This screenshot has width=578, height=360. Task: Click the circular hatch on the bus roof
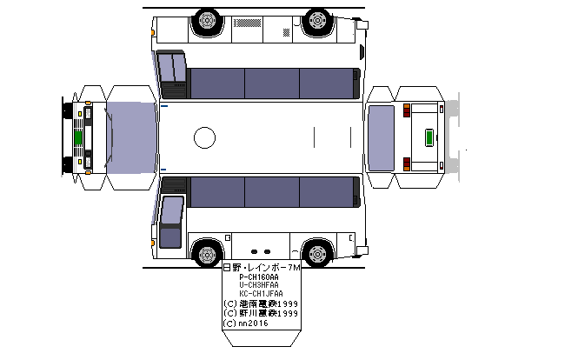tap(204, 137)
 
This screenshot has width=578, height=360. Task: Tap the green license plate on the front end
tap(77, 137)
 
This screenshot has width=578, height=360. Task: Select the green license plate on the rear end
tap(429, 137)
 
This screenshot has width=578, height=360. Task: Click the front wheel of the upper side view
tap(208, 20)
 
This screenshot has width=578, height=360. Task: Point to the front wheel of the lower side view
tap(207, 254)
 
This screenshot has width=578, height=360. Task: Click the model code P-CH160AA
tap(259, 277)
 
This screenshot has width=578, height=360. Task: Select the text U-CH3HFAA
tap(259, 285)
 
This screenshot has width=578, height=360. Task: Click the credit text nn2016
tap(252, 323)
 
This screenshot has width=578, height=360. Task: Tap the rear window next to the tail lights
tap(381, 137)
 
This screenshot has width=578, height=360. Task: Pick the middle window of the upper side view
tap(271, 83)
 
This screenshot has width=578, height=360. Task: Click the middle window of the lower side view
tap(271, 190)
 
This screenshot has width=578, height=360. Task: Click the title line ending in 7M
tap(261, 268)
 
